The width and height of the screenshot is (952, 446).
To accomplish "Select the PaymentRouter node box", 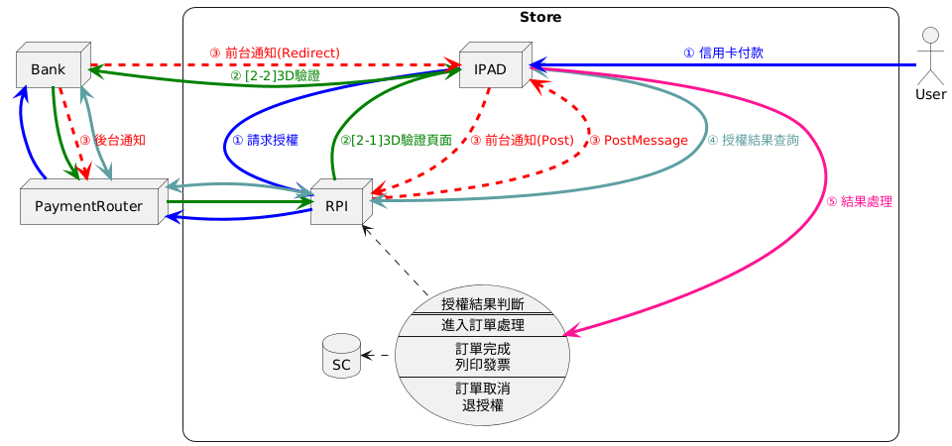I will tap(89, 206).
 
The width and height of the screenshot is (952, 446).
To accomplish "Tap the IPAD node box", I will tap(492, 69).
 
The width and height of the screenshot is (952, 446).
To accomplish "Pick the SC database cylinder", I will tap(341, 357).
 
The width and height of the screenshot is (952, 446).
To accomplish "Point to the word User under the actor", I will tap(930, 95).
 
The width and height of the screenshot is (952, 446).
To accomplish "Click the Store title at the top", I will tap(539, 17).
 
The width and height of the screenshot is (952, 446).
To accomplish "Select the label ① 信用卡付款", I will tap(723, 53).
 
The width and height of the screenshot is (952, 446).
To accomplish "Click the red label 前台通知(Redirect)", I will tap(275, 53).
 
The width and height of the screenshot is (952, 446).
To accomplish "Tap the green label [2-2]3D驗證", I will tap(275, 75).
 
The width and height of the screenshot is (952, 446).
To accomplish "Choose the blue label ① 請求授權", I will tap(265, 140).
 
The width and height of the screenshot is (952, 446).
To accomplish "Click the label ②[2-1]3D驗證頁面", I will tap(396, 141).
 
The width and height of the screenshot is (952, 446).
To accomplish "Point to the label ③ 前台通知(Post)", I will tap(522, 141).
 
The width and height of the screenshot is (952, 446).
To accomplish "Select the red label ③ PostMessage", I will tap(639, 141).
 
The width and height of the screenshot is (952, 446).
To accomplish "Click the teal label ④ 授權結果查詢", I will tap(754, 140).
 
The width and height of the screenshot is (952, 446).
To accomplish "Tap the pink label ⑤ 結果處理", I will tap(859, 201).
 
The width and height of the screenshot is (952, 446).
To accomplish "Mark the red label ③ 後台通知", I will tap(113, 140).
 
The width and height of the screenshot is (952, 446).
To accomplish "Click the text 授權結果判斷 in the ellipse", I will tap(482, 304).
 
